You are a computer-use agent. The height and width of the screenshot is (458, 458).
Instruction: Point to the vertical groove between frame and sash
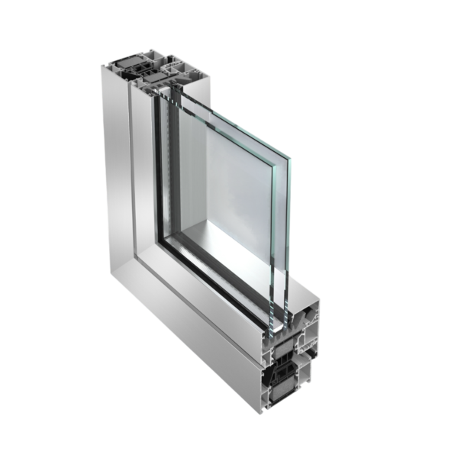pos(134,183)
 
